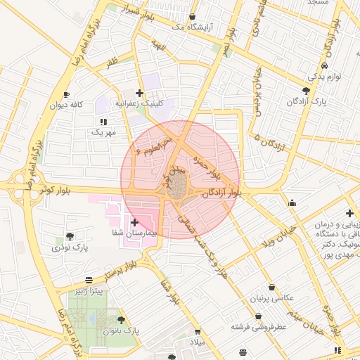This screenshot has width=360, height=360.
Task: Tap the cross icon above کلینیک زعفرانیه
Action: pyautogui.click(x=140, y=93)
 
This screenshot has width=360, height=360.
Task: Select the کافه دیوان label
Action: pyautogui.click(x=66, y=105)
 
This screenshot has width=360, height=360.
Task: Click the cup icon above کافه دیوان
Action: pyautogui.click(x=66, y=94)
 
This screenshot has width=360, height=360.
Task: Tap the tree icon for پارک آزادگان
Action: pyautogui.click(x=305, y=91)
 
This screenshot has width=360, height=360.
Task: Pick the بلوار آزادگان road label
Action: pyautogui.click(x=225, y=193)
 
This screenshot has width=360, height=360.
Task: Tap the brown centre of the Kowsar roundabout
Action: pyautogui.click(x=179, y=186)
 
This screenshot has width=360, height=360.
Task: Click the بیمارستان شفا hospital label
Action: pyautogui.click(x=132, y=232)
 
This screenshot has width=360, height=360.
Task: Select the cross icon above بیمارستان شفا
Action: pyautogui.click(x=134, y=221)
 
